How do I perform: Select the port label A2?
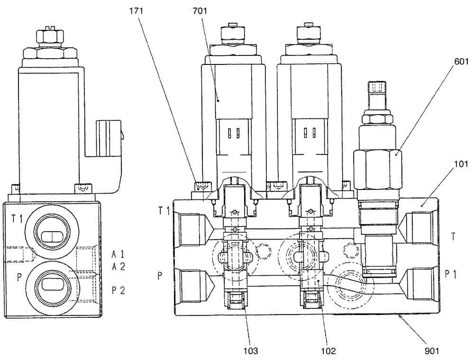tap(118, 267)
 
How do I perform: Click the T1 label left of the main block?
tap(164, 211)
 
